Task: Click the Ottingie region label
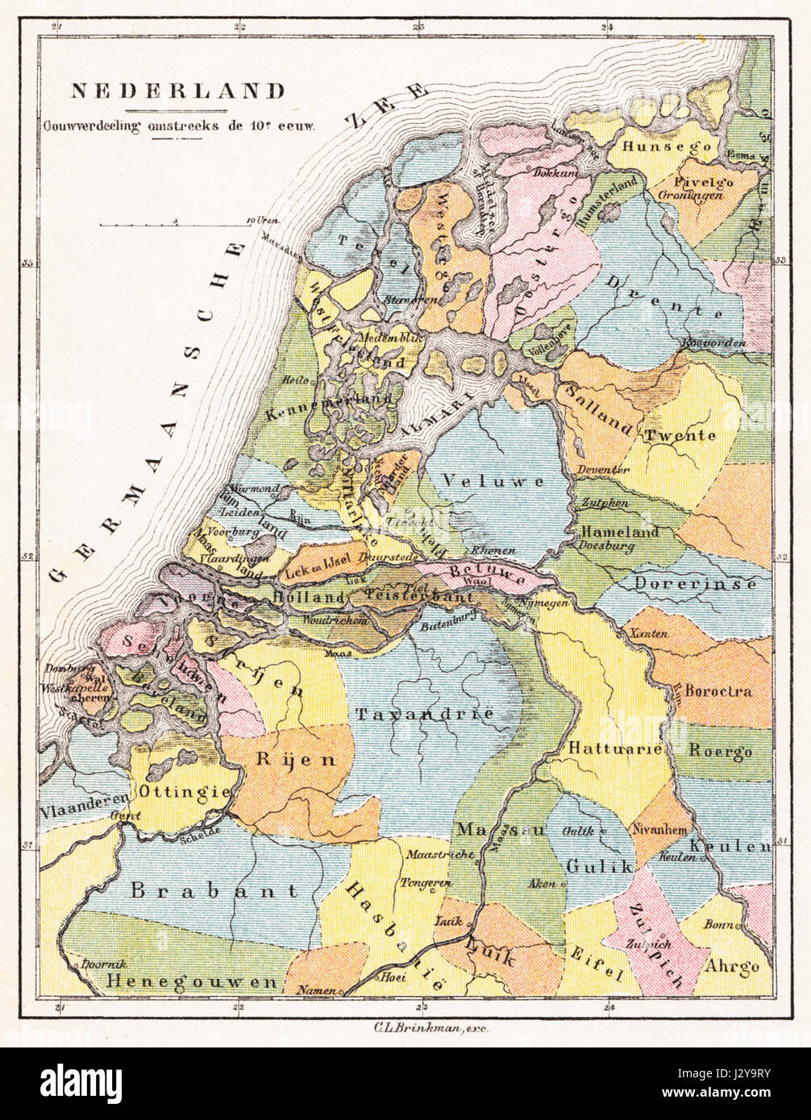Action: (185, 792)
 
